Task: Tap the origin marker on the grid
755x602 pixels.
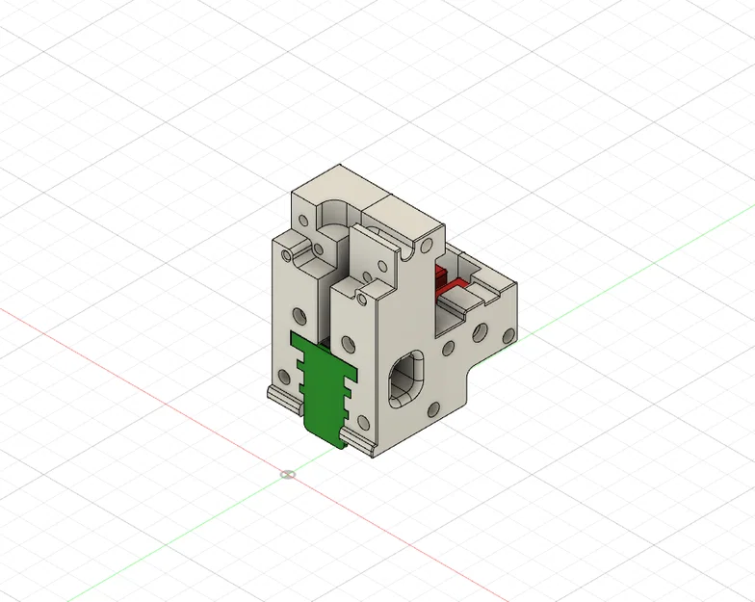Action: point(287,474)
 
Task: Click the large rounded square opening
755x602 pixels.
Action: point(405,377)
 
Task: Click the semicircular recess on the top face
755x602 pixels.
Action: point(332,210)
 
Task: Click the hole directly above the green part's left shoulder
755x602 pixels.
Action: point(297,314)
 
